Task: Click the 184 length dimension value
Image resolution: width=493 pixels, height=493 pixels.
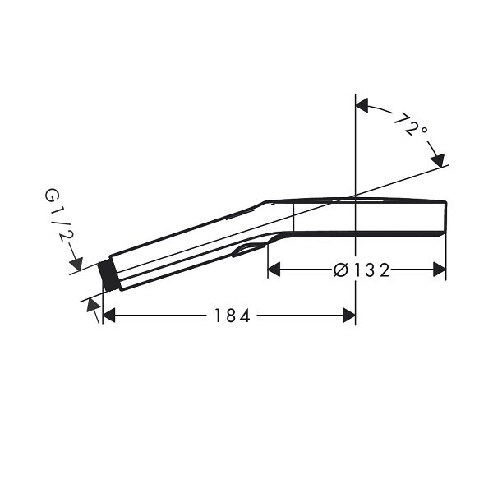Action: [x=232, y=316]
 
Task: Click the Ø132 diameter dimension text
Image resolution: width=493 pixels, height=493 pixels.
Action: [x=362, y=270]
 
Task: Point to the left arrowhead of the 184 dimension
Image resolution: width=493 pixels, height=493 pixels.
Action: [x=109, y=316]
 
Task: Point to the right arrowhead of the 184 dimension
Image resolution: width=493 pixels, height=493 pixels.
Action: [x=349, y=316]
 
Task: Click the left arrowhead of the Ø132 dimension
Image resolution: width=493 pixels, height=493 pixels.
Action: [x=274, y=270]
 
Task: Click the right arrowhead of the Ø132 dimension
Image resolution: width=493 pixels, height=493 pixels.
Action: [x=440, y=270]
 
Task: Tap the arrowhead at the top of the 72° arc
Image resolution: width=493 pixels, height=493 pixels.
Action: [x=362, y=105]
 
